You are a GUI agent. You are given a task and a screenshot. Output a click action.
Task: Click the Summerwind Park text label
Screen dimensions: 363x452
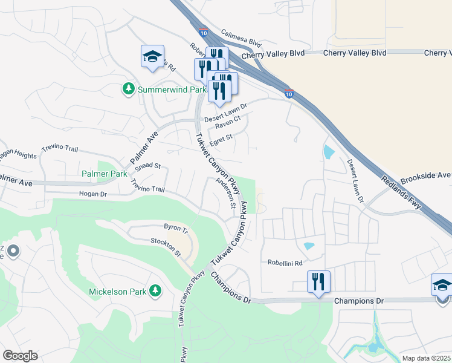pos(172,90)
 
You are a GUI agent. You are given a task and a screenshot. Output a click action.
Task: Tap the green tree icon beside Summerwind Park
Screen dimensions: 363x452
pos(128,90)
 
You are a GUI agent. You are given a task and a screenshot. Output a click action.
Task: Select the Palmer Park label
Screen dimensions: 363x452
pos(105,174)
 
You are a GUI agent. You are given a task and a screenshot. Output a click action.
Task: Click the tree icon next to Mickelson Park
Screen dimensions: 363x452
pos(155,292)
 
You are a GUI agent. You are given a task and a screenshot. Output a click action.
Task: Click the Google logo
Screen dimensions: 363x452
pos(20,356)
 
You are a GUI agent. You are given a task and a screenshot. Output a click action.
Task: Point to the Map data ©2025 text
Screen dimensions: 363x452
pos(426,358)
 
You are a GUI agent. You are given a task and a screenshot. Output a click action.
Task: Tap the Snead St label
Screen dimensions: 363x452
pos(147,165)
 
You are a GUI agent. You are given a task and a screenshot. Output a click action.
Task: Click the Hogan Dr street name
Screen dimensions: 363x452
pos(92,194)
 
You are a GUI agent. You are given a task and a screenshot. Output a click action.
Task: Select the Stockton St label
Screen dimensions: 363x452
pos(166,246)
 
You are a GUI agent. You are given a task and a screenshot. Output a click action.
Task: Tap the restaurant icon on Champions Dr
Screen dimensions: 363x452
pos(318,281)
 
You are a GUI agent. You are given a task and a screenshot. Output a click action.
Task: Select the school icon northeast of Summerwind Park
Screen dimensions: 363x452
pos(152,57)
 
